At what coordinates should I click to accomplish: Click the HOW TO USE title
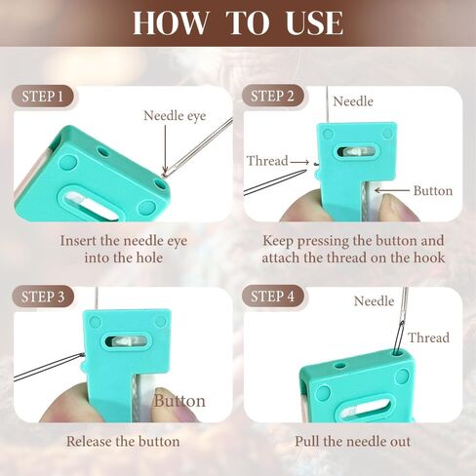[x=238, y=22]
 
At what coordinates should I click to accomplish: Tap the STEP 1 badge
[x=43, y=97]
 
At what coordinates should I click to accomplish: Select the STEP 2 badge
[x=272, y=97]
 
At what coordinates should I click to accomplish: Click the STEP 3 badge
[x=43, y=297]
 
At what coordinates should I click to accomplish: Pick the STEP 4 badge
[x=273, y=297]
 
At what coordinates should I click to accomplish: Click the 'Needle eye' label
[x=175, y=116]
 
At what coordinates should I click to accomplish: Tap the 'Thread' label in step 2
[x=267, y=161]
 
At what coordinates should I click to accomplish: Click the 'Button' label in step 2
[x=433, y=191]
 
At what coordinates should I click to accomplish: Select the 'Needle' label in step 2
[x=353, y=101]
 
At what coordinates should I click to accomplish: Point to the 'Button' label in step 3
[x=179, y=401]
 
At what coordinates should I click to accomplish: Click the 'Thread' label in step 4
[x=428, y=337]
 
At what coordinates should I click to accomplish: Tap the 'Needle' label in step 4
[x=374, y=301]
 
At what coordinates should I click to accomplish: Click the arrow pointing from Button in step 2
[x=392, y=190]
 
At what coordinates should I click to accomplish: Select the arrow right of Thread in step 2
[x=299, y=162]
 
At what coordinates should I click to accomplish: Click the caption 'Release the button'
[x=123, y=442]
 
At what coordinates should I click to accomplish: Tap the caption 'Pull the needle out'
[x=353, y=442]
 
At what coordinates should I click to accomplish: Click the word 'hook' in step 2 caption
[x=429, y=258]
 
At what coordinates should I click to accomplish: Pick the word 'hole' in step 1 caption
[x=149, y=258]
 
